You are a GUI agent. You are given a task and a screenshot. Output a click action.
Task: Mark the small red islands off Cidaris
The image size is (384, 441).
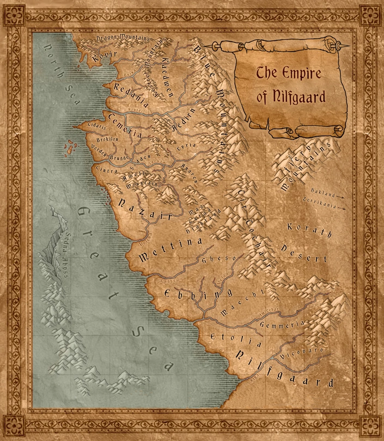70,146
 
